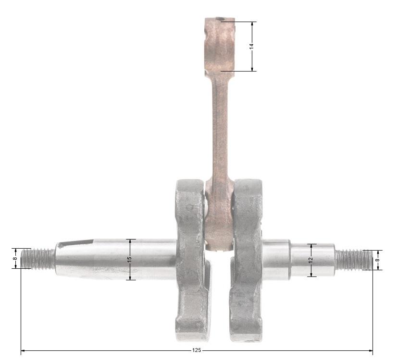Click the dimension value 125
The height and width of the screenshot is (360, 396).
(197, 350)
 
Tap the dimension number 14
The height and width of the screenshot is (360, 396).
(251, 46)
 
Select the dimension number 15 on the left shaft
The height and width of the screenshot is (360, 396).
(129, 259)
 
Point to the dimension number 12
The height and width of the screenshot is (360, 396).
(311, 260)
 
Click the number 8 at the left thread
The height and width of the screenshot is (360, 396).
(15, 258)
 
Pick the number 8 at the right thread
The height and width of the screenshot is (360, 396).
(378, 260)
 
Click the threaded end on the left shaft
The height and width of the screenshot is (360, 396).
(38, 259)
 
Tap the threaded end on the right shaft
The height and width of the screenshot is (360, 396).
(354, 260)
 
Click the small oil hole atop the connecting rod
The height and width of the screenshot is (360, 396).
(220, 19)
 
